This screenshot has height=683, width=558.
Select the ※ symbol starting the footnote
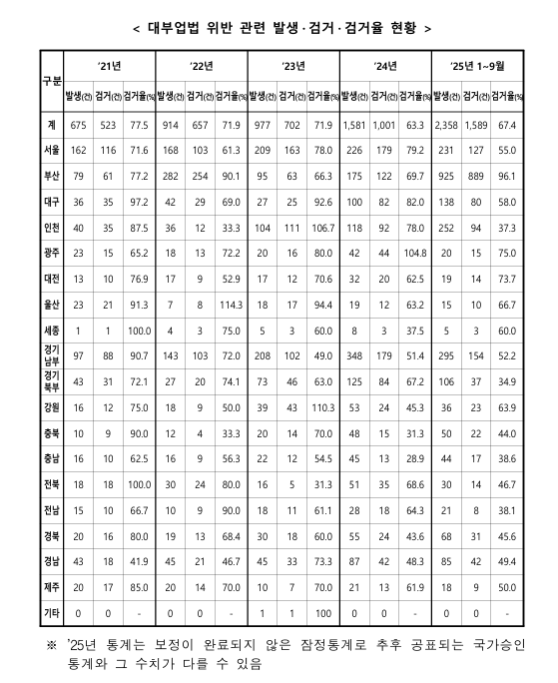[51, 618]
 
